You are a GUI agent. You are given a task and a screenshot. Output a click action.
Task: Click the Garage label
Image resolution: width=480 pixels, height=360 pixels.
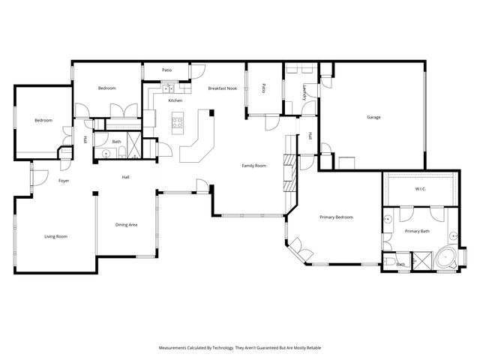point(373,117)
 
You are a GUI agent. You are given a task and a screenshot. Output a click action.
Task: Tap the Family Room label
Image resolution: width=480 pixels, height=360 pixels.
point(254,165)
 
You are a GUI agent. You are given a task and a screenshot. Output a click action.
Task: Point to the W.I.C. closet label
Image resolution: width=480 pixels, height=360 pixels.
point(420,189)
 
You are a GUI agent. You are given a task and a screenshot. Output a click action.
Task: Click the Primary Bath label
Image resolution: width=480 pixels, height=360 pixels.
point(417,232)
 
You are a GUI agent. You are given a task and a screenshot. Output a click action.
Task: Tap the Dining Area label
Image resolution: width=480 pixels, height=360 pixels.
point(126,224)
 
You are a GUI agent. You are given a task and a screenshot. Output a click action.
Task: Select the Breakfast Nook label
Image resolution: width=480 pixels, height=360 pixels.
point(222,88)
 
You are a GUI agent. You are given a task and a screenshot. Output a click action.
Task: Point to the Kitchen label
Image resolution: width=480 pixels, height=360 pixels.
point(175,100)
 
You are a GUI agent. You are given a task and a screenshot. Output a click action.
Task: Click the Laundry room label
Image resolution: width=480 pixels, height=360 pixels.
point(304,91)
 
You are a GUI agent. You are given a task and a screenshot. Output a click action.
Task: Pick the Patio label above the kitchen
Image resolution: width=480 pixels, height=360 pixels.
point(166,70)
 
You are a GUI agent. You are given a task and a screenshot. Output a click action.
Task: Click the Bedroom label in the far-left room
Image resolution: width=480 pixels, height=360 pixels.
point(43,121)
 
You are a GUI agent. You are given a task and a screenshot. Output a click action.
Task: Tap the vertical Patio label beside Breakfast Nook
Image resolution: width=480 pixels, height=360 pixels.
point(264,88)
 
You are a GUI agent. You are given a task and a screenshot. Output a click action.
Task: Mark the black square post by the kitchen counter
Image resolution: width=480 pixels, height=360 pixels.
point(211,113)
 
